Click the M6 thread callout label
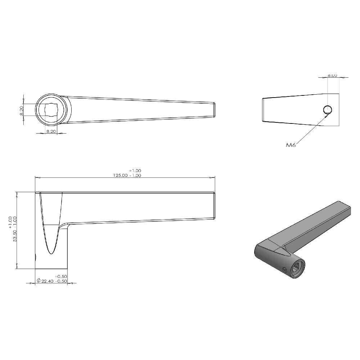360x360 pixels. [291, 145]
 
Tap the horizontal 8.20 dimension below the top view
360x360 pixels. [51, 132]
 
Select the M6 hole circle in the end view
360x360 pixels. [327, 110]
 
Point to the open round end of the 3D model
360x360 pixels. [298, 268]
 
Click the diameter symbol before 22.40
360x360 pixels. [39, 281]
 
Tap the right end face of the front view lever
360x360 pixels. [214, 206]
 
